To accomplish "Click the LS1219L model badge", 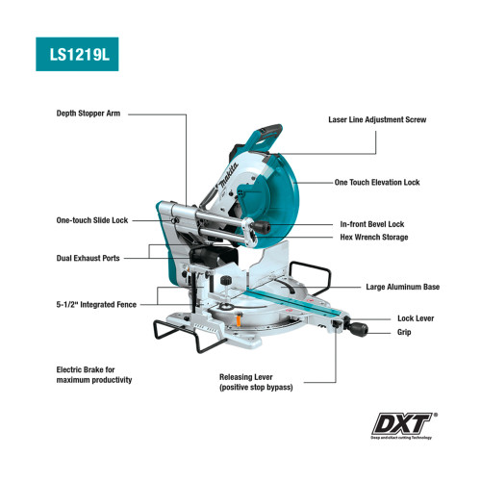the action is click(77, 54).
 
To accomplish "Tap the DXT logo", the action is click(404, 425).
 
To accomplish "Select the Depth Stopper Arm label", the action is click(89, 114).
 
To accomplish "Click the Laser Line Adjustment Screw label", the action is click(377, 120).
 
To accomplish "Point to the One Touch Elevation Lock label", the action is click(377, 183).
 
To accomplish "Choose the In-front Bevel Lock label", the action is click(372, 224).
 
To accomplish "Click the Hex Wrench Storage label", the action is click(374, 238).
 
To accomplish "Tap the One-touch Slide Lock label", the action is click(92, 220).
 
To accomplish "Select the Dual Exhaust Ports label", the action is click(88, 258).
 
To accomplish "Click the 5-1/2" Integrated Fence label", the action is click(96, 305).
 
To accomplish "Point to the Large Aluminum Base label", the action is click(403, 287).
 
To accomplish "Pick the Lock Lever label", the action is click(416, 318).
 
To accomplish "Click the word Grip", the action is click(404, 332).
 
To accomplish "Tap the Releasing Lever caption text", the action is click(256, 382).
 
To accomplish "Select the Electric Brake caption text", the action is click(94, 375).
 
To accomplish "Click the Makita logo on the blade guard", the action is click(228, 176).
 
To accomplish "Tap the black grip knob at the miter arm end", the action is click(358, 329).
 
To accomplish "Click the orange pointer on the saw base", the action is click(239, 320).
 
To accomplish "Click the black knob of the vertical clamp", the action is click(226, 280).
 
